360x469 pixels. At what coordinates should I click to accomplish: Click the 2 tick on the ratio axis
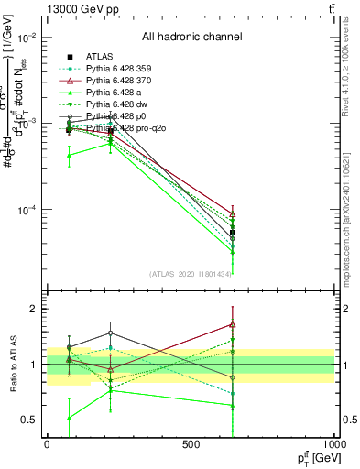click(33, 309)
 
